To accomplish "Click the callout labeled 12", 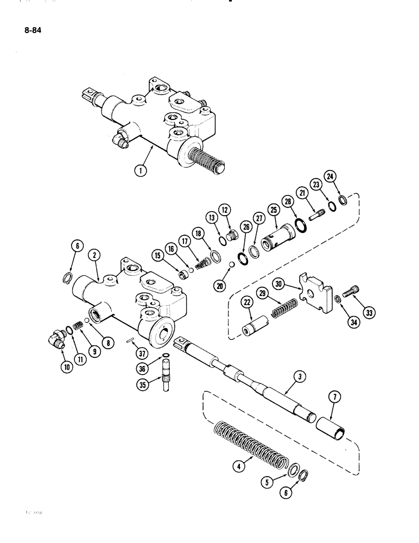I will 225,209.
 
